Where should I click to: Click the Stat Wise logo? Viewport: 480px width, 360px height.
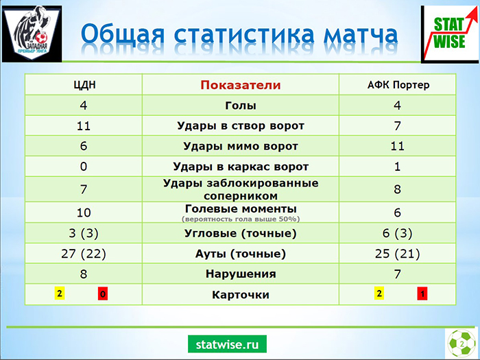tap(450, 34)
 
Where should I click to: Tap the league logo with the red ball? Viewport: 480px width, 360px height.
tap(32, 34)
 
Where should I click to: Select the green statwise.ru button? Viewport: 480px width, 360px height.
tap(227, 344)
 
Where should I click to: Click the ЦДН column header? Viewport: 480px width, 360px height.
tap(84, 85)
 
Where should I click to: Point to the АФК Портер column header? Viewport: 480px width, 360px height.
tap(398, 85)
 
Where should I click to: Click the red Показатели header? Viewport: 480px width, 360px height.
tap(241, 85)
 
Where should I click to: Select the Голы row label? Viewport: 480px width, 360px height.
tap(241, 106)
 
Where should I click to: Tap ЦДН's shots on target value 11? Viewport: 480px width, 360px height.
tap(84, 125)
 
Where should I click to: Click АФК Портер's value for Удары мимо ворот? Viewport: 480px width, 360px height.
tap(397, 146)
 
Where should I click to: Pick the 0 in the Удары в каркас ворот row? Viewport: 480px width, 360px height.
tap(84, 167)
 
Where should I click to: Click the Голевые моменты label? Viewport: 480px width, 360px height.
tap(241, 208)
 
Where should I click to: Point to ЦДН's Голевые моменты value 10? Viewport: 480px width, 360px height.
tap(84, 213)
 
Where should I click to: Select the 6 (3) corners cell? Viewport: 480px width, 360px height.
tap(397, 233)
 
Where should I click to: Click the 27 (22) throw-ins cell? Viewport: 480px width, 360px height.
tap(84, 254)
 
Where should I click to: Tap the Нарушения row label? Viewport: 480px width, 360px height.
tap(241, 274)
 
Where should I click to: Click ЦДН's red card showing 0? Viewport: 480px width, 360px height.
tap(103, 293)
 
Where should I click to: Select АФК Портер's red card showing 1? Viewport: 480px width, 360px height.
tap(422, 293)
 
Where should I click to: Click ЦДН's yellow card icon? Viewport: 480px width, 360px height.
tap(60, 293)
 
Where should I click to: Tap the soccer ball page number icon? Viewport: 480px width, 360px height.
tap(461, 343)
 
